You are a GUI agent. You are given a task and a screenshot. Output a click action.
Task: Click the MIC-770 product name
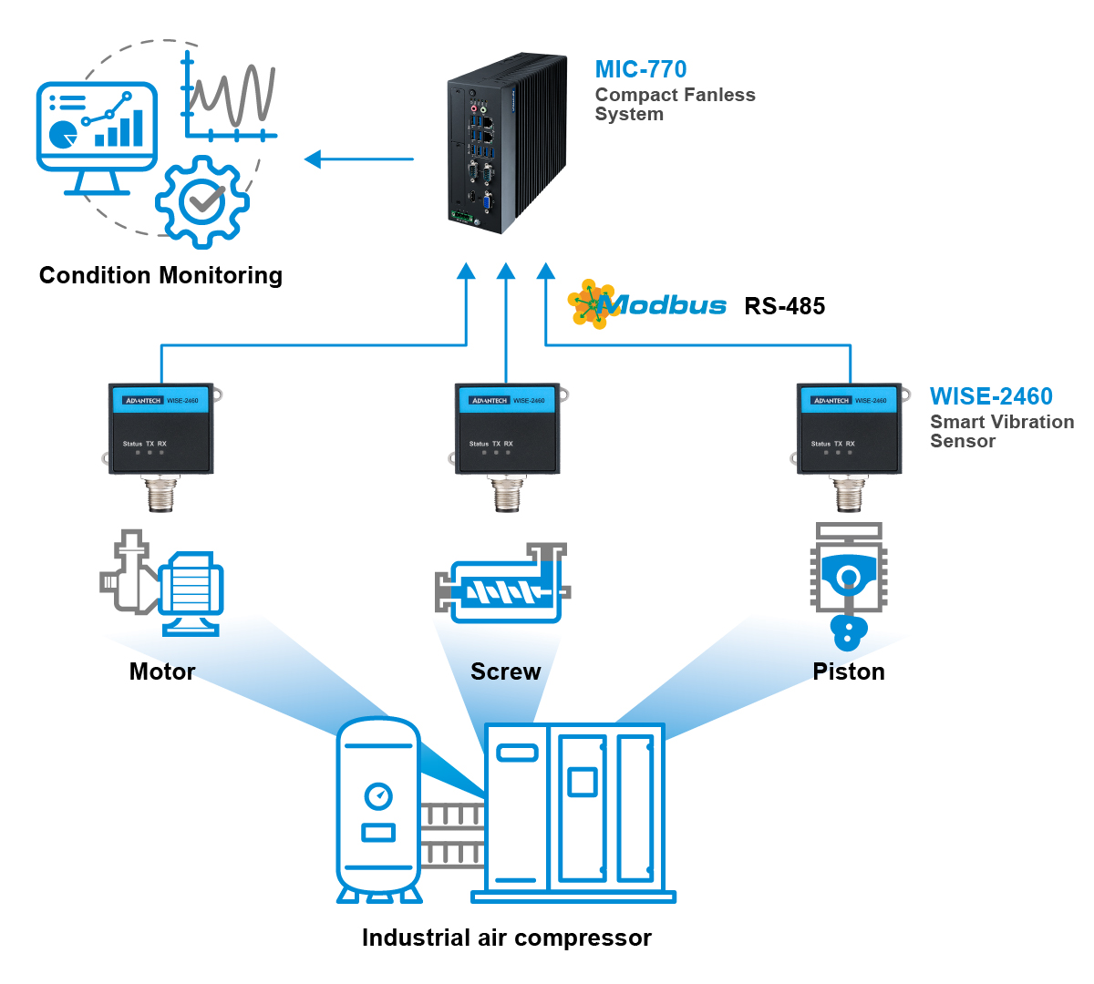pyautogui.click(x=640, y=69)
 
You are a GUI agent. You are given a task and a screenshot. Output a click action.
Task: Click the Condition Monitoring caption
pyautogui.click(x=160, y=275)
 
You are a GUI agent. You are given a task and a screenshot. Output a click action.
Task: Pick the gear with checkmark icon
pyautogui.click(x=201, y=201)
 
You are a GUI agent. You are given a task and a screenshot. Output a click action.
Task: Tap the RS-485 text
pyautogui.click(x=784, y=306)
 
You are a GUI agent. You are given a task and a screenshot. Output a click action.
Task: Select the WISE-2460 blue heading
pyautogui.click(x=991, y=396)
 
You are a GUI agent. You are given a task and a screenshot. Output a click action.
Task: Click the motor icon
pyautogui.click(x=162, y=583)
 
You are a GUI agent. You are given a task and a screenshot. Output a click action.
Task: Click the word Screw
pyautogui.click(x=505, y=671)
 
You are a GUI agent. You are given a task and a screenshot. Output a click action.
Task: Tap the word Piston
pyautogui.click(x=848, y=671)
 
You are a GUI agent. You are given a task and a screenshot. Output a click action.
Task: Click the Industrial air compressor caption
pyautogui.click(x=506, y=938)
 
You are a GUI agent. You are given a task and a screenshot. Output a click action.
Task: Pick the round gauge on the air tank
pyautogui.click(x=378, y=796)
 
